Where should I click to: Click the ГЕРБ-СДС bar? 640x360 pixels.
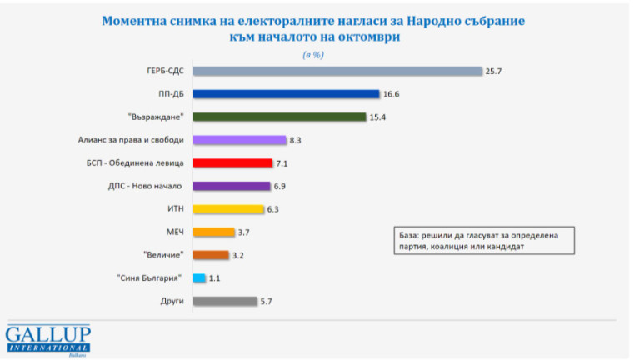pos(337,71)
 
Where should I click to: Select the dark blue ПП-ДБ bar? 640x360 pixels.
pos(286,94)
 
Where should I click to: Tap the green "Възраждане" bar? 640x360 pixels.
pos(279,117)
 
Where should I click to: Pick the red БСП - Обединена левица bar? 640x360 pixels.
pos(232,163)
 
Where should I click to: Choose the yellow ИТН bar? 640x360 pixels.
pos(227,209)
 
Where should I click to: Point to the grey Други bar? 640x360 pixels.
pos(224,301)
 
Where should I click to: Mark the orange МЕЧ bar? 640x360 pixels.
pos(213,232)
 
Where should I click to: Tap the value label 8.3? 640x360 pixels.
pos(297,140)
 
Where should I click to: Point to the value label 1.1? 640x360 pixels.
pos(215,278)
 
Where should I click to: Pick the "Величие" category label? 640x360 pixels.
pos(163,255)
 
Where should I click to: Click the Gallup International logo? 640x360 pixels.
pos(48,338)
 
